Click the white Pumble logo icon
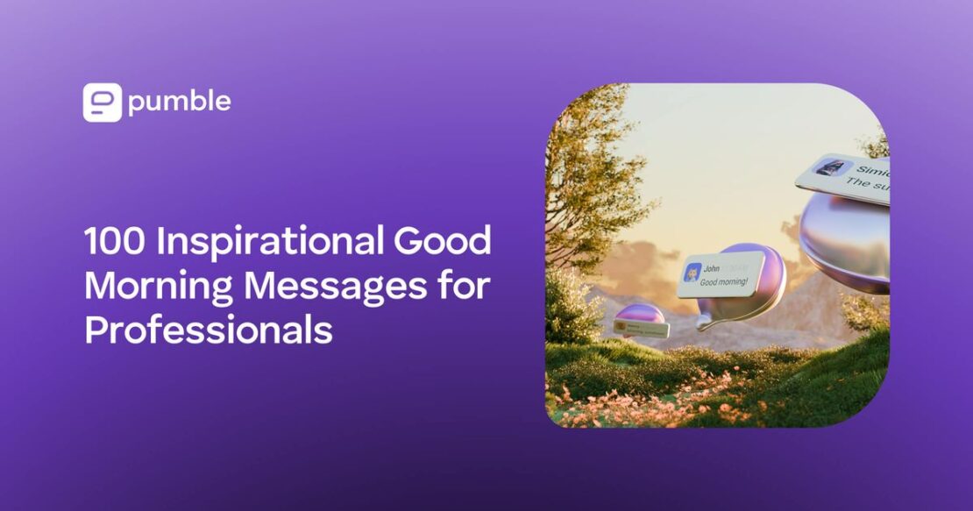pyautogui.click(x=102, y=103)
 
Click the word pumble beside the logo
pyautogui.click(x=179, y=103)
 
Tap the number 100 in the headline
pyautogui.click(x=115, y=243)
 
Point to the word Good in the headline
pyautogui.click(x=444, y=243)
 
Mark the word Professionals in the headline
pyautogui.click(x=208, y=330)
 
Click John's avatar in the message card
pyautogui.click(x=693, y=274)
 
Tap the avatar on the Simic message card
pyautogui.click(x=829, y=167)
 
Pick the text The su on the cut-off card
pyautogui.click(x=868, y=184)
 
